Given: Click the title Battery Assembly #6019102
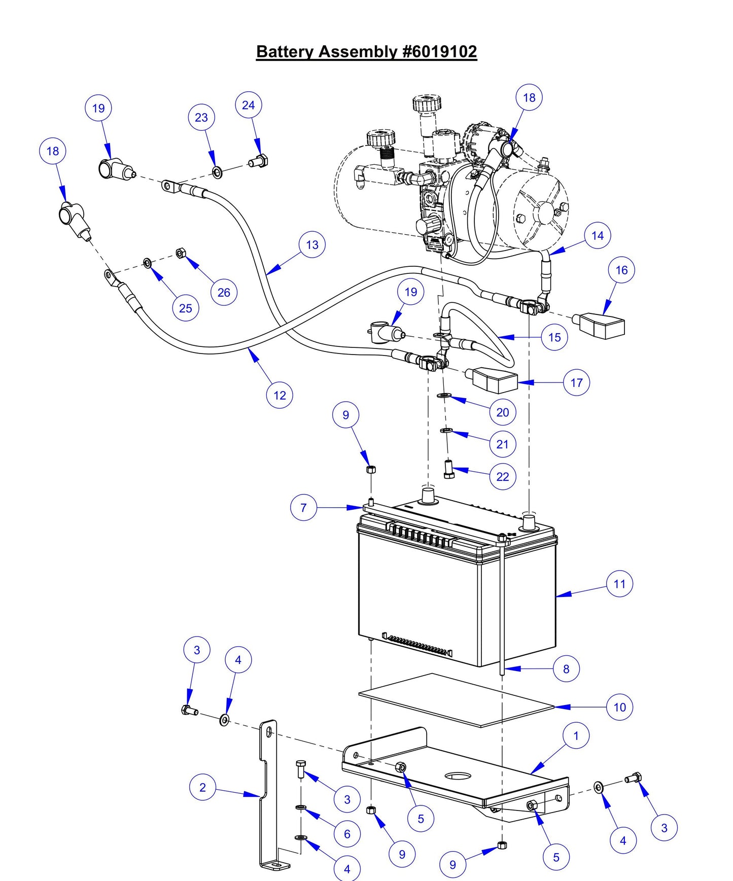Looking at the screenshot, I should [x=366, y=52].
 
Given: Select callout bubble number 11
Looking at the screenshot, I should [x=619, y=584].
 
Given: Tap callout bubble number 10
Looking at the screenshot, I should [x=619, y=707].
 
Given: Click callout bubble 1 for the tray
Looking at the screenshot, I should [x=576, y=735].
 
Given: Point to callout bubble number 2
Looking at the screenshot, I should [x=202, y=787].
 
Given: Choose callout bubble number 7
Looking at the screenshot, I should [x=303, y=507].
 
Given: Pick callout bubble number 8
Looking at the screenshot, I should [x=566, y=669].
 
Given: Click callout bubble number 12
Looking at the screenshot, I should [x=280, y=395].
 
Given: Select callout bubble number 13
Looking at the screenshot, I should [x=312, y=244].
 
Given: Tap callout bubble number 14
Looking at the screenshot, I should [x=598, y=235].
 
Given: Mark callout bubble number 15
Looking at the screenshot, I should [x=554, y=337].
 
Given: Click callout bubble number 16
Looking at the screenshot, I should [x=621, y=270].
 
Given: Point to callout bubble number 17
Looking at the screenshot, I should [x=577, y=382].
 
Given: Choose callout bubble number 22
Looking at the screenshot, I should [x=502, y=477].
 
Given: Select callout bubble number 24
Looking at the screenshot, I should [x=248, y=105].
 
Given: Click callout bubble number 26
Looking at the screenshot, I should [x=224, y=292].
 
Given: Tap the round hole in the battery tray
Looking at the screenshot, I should [x=458, y=776].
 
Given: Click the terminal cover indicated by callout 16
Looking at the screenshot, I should [x=601, y=326].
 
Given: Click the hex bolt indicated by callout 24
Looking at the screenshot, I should [x=259, y=162].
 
